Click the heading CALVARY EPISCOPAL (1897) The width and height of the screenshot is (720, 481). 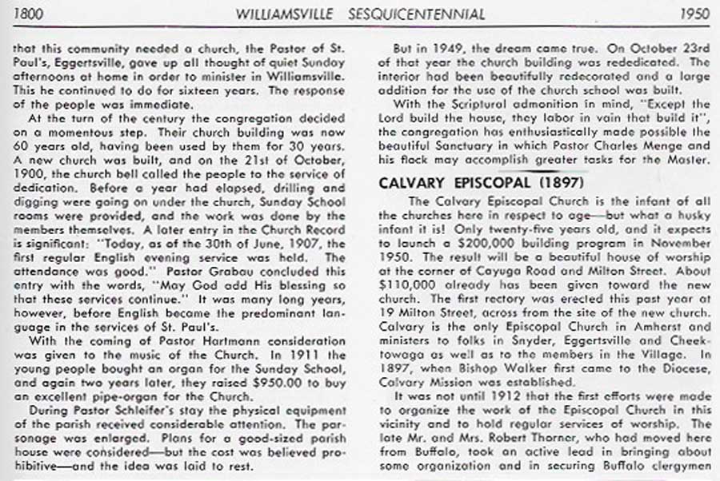pyautogui.click(x=482, y=182)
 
